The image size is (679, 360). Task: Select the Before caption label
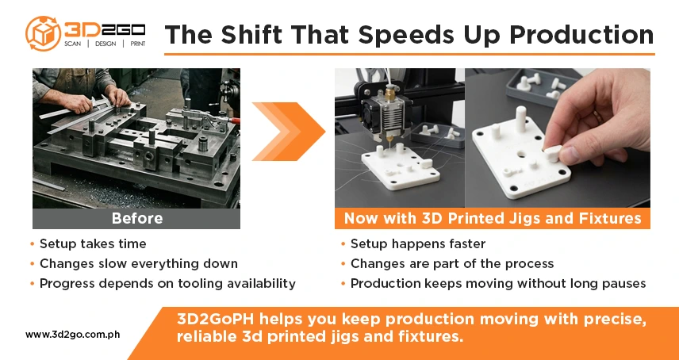(x=136, y=218)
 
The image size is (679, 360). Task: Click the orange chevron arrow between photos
(x=289, y=131)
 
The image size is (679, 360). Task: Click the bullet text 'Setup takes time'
(x=93, y=243)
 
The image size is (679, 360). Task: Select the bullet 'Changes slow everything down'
(x=138, y=263)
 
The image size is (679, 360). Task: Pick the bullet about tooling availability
(x=167, y=283)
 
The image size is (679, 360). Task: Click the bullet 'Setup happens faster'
(x=417, y=243)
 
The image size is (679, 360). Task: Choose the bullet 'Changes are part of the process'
(x=451, y=263)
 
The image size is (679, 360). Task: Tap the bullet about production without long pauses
(x=498, y=283)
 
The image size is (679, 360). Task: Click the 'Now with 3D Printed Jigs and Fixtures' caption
(x=492, y=218)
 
